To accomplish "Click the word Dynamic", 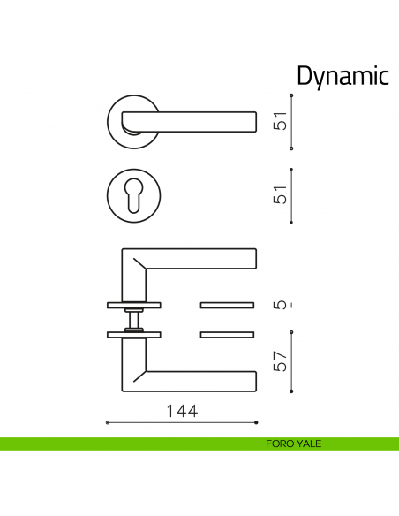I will point(343,77).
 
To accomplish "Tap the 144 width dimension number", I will point(181,411).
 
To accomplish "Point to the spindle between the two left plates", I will point(134,320).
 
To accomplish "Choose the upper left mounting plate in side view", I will point(134,306).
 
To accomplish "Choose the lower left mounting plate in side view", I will point(134,334).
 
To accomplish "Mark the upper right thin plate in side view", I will point(228,306).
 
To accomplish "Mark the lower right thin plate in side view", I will point(228,334).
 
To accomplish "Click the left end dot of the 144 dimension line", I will point(107,423).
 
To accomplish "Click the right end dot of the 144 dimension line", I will point(256,423).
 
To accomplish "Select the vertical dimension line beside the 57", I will point(292,363).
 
